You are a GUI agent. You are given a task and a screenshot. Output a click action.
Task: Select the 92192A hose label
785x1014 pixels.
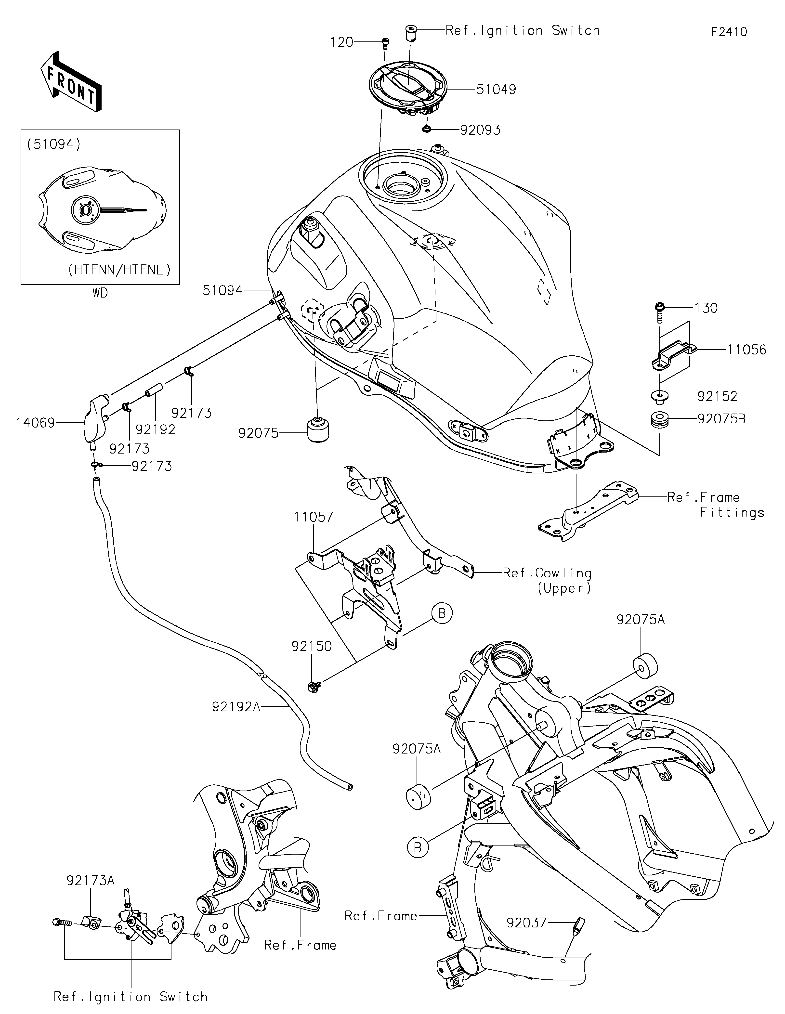236,720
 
